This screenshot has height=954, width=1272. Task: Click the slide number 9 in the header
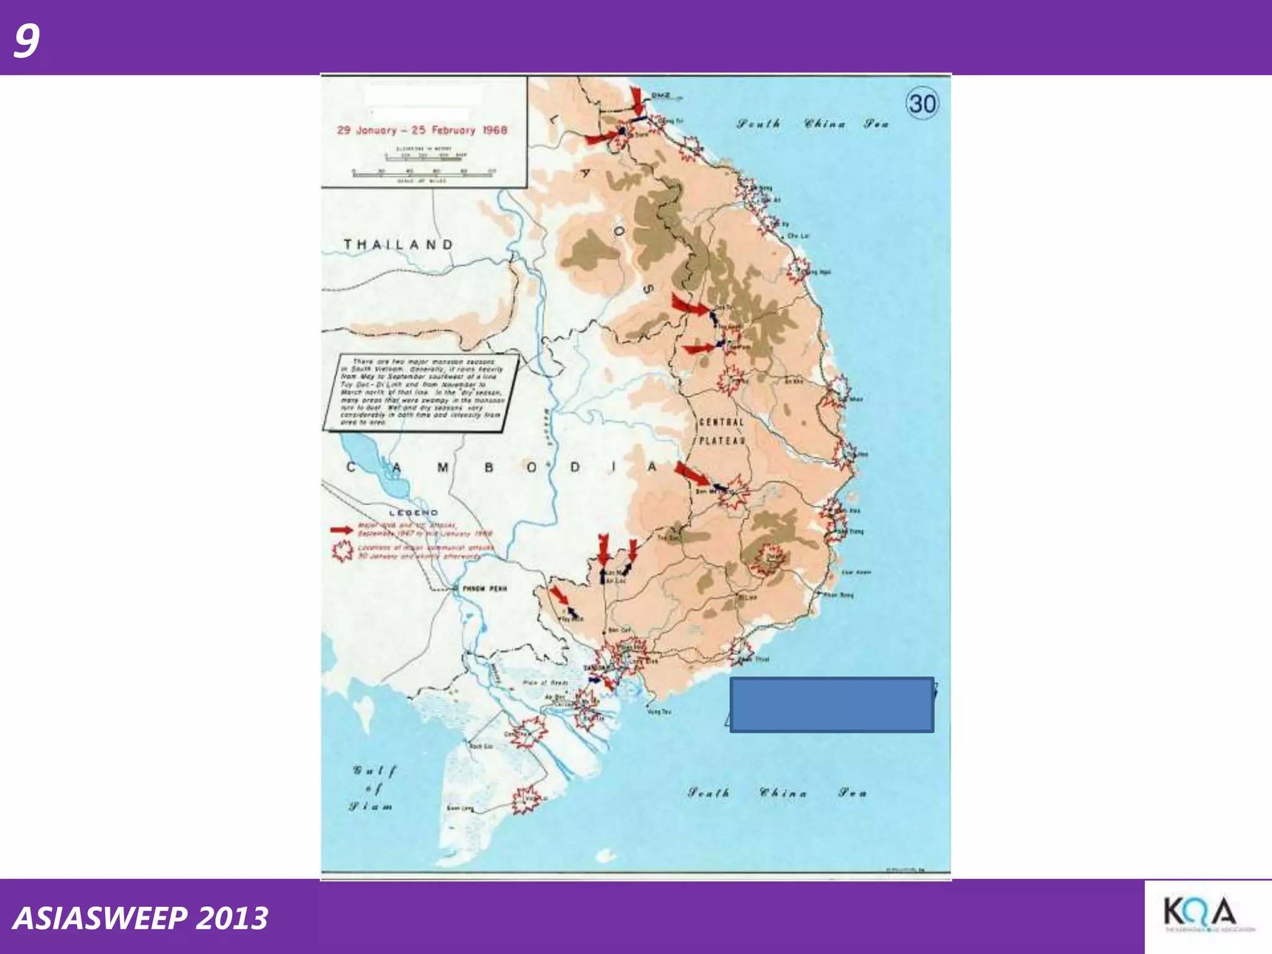click(26, 40)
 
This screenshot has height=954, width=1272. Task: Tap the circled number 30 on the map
click(922, 103)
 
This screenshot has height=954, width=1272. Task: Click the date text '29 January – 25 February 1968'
click(422, 130)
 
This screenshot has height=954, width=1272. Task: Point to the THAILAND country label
click(399, 245)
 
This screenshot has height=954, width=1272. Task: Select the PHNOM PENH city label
click(484, 588)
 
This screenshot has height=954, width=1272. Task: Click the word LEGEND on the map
click(414, 513)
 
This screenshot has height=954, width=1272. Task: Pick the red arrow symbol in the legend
click(342, 530)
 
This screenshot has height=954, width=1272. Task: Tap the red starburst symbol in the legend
click(342, 551)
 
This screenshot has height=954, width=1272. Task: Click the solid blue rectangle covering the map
click(832, 704)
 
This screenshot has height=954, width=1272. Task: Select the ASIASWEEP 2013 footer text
click(140, 918)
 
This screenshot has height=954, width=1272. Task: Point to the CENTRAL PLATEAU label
click(722, 432)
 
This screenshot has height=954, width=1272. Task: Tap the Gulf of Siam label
click(371, 789)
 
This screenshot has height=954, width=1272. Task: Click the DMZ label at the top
click(660, 96)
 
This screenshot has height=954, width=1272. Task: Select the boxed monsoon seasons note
click(421, 392)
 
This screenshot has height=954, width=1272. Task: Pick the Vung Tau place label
click(659, 712)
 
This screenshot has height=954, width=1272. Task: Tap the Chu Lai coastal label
click(798, 236)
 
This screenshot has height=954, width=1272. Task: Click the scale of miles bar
click(422, 175)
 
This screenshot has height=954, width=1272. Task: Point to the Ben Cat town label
click(619, 630)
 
